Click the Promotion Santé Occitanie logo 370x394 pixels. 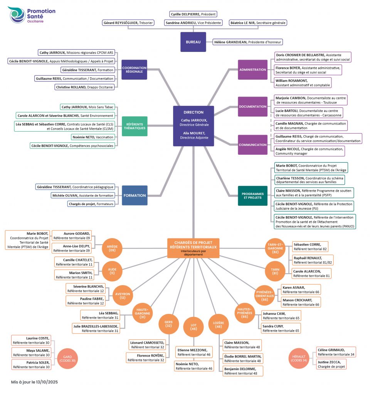point(32,15)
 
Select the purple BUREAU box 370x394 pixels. point(193,42)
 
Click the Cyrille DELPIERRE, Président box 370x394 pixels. point(193,14)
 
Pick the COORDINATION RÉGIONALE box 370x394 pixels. point(134,70)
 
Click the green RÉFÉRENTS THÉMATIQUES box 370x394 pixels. point(134,126)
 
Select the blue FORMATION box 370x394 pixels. point(135,195)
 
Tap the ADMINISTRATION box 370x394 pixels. point(252,70)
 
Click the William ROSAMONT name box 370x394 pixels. point(303,83)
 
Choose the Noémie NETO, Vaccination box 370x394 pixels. point(92,137)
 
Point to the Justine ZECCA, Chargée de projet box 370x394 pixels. point(331,364)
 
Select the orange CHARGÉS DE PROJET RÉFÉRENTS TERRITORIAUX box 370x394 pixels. point(193,247)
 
